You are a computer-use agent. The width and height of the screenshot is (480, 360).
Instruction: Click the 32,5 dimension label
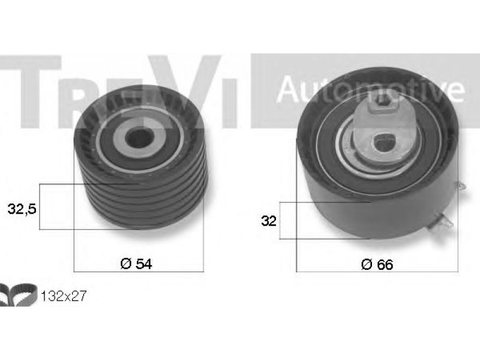tap(22, 209)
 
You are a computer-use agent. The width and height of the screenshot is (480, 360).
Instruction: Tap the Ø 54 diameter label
tap(136, 263)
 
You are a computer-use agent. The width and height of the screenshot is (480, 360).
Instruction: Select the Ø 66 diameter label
tap(377, 265)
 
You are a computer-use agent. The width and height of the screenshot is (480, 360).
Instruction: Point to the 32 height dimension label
tap(268, 220)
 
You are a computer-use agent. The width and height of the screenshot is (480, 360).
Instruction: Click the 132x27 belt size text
tap(64, 296)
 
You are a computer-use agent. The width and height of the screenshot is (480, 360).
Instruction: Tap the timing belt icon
tap(19, 295)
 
